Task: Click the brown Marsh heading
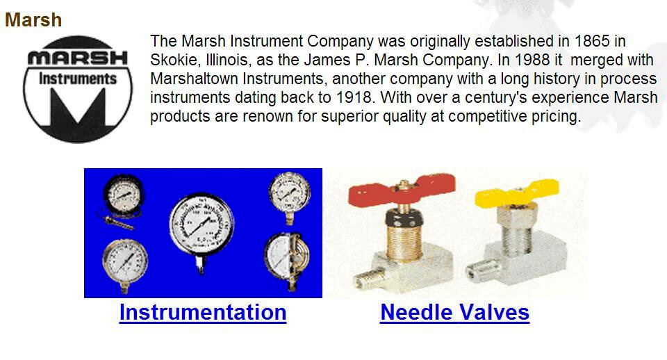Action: [33, 20]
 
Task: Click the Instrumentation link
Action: [203, 312]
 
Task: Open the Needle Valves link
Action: [454, 312]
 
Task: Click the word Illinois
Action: [228, 60]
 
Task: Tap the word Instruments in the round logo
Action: [77, 79]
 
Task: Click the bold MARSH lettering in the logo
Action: [78, 58]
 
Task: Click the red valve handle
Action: [401, 190]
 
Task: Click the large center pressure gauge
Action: [201, 226]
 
